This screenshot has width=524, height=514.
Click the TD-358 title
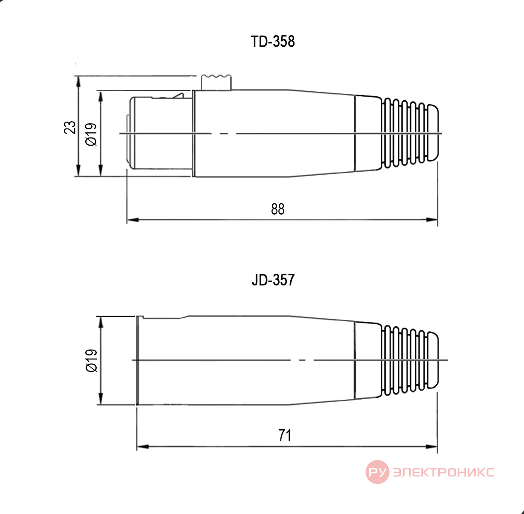[x=272, y=42]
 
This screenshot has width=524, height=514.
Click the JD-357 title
[x=273, y=280]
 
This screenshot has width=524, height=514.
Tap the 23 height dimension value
[x=70, y=127]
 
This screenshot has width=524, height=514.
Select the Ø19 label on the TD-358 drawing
[x=91, y=134]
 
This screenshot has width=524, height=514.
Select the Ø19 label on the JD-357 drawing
[x=91, y=360]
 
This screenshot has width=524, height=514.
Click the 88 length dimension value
[x=278, y=209]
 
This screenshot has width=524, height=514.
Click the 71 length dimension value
[x=285, y=435]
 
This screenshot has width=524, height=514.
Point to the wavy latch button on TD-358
[x=216, y=82]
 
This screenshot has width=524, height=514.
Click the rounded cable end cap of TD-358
[x=433, y=132]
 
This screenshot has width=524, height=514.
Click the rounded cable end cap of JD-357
[x=433, y=360]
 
